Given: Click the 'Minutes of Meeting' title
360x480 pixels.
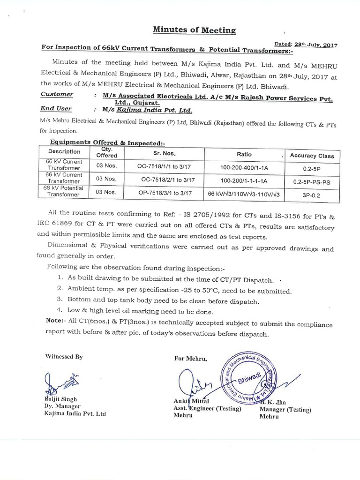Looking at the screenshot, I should [x=195, y=30].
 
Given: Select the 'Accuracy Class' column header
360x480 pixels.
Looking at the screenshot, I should [x=312, y=155].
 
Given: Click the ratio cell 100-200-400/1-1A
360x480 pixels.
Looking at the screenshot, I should [x=243, y=166].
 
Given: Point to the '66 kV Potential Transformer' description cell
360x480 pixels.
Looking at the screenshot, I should [x=63, y=191].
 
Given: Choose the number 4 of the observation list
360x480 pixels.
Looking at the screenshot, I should [x=59, y=310].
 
